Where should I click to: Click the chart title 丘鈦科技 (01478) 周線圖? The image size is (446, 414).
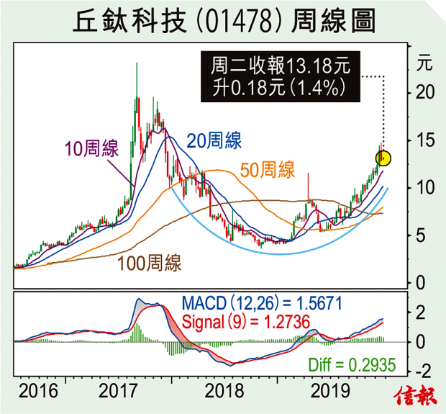point(224,22)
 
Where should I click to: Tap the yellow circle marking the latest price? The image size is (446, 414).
point(384,158)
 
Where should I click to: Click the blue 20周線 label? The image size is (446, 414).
point(214,140)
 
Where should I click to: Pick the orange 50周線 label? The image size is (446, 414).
point(267,171)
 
